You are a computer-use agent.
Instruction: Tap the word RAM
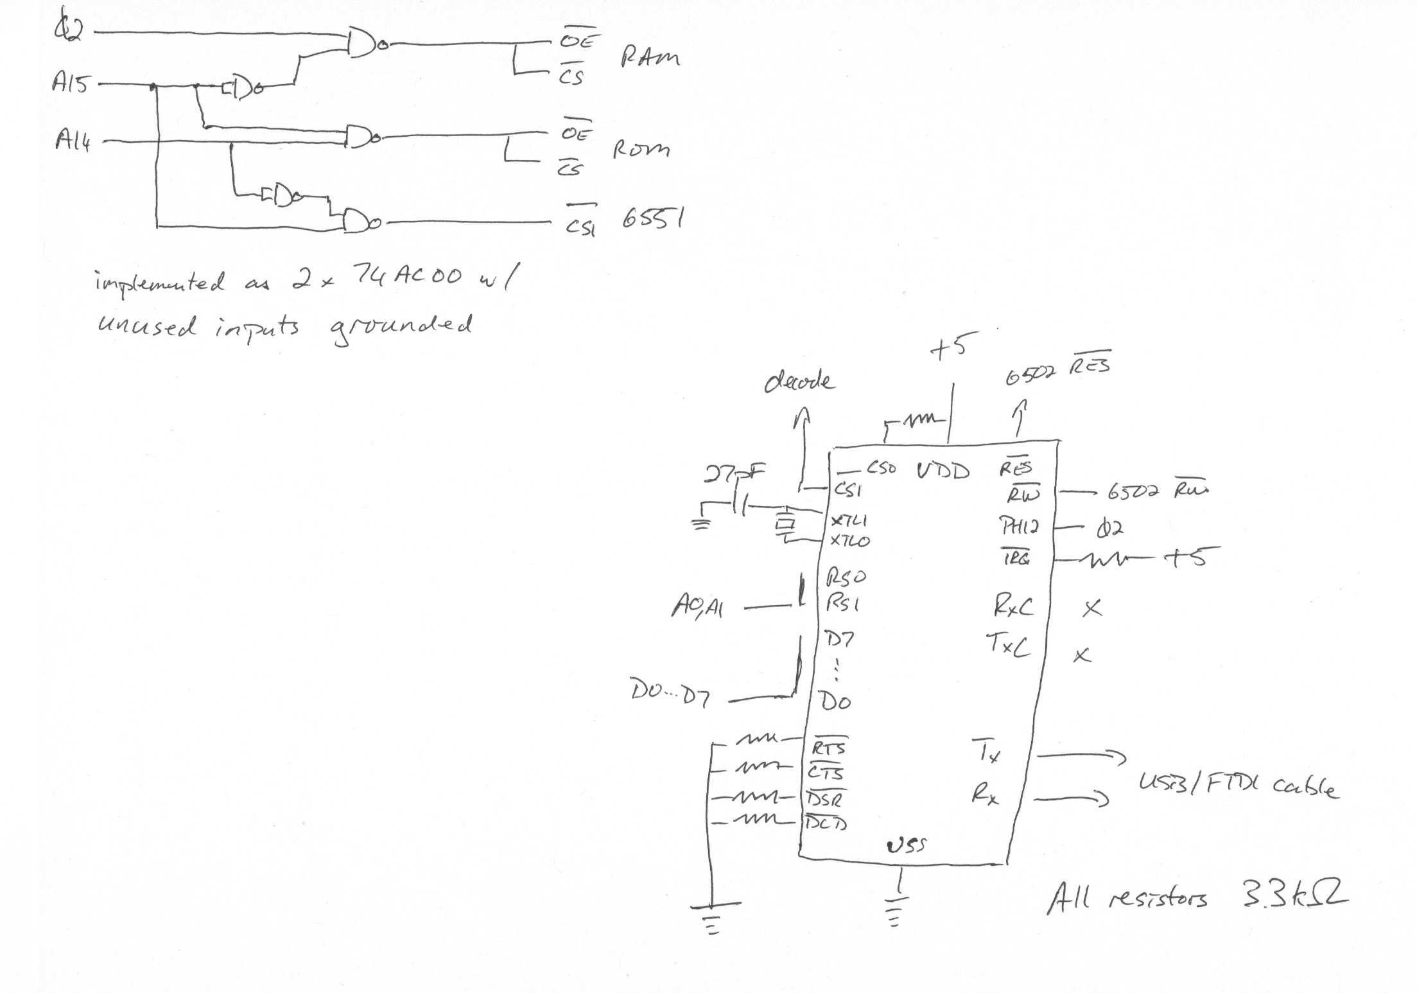(x=649, y=58)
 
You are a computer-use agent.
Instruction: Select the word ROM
(x=640, y=150)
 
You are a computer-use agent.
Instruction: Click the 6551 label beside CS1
(x=652, y=220)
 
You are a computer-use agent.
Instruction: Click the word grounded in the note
(x=401, y=328)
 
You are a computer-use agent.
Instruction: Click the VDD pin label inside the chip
(x=943, y=472)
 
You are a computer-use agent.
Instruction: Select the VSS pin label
(x=906, y=846)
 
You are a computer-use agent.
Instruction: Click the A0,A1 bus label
(x=697, y=607)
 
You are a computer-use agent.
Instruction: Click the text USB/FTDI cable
(x=1238, y=786)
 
